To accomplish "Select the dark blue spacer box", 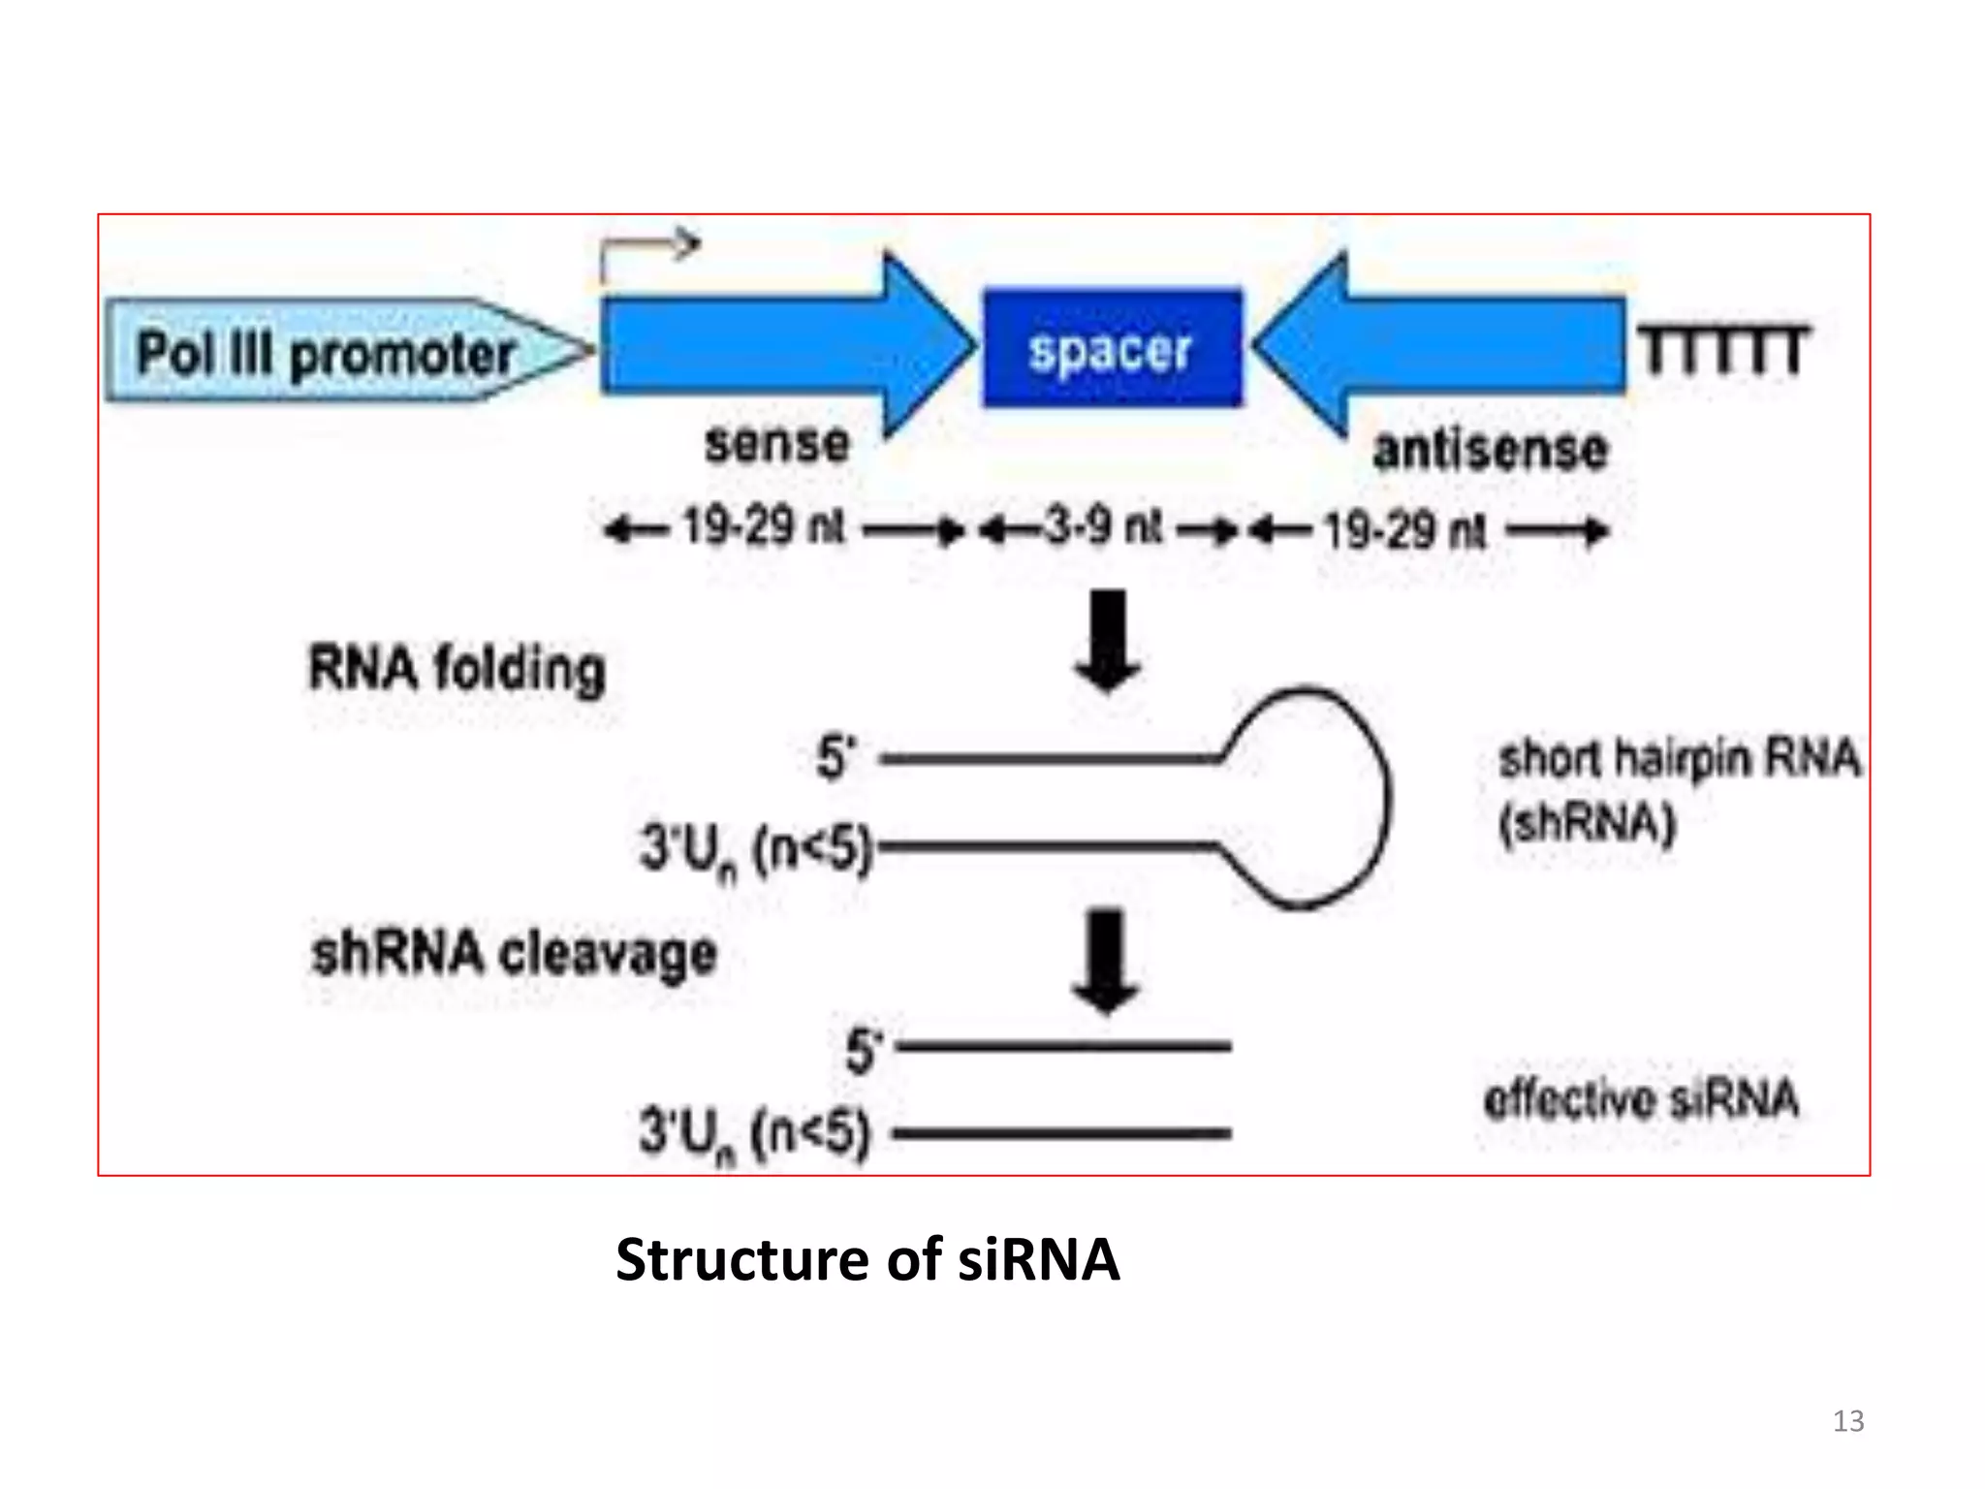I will point(1112,348).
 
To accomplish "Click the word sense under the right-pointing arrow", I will point(776,444).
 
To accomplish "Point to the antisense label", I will point(1490,450).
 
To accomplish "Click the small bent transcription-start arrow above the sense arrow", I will point(646,254).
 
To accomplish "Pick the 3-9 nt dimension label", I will point(1103,528).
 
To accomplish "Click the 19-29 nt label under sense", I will point(764,529).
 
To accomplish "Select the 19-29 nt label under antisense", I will point(1404,531).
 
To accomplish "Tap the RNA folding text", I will point(457,669).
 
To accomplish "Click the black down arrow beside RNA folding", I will point(1108,641).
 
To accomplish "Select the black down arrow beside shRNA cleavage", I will point(1106,961).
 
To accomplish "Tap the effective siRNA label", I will point(1640,1099).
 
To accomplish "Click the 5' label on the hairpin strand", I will point(835,757).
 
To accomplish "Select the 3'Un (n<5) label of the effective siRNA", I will point(754,1133).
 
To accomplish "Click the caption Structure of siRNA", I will point(866,1259).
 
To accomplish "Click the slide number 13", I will point(1847,1420).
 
